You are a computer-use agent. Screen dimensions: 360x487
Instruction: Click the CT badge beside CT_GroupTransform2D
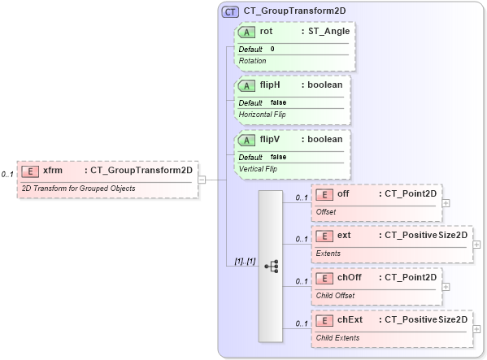pyautogui.click(x=231, y=11)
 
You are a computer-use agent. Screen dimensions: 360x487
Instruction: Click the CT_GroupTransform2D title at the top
pyautogui.click(x=289, y=11)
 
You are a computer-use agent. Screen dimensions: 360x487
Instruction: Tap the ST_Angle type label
pyautogui.click(x=327, y=32)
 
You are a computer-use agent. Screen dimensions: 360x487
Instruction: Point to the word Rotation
pyautogui.click(x=253, y=61)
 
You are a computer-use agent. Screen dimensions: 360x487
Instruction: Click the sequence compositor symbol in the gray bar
pyautogui.click(x=271, y=266)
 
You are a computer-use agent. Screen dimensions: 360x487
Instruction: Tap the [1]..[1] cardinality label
pyautogui.click(x=245, y=262)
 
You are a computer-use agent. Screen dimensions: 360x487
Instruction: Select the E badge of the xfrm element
pyautogui.click(x=29, y=171)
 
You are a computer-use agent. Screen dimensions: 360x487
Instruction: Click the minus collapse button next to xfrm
pyautogui.click(x=202, y=180)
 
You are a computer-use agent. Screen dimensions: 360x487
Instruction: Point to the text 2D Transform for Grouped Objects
pyautogui.click(x=78, y=189)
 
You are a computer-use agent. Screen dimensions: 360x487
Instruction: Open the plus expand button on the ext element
pyautogui.click(x=476, y=245)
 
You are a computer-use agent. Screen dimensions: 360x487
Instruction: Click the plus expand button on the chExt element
pyautogui.click(x=476, y=329)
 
